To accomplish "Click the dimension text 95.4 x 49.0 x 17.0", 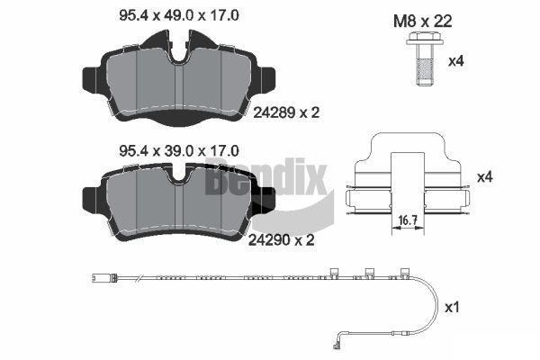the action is point(179,15).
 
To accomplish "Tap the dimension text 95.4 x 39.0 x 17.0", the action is point(179,151).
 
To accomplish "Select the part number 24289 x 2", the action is point(286,112).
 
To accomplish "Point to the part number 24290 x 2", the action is point(282,240).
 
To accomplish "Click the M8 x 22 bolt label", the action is point(423,22).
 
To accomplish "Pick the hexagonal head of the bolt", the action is point(424,39).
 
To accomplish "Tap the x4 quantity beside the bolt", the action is point(455,61).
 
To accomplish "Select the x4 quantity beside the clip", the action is point(484,177).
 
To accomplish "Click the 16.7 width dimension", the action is point(408,220).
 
